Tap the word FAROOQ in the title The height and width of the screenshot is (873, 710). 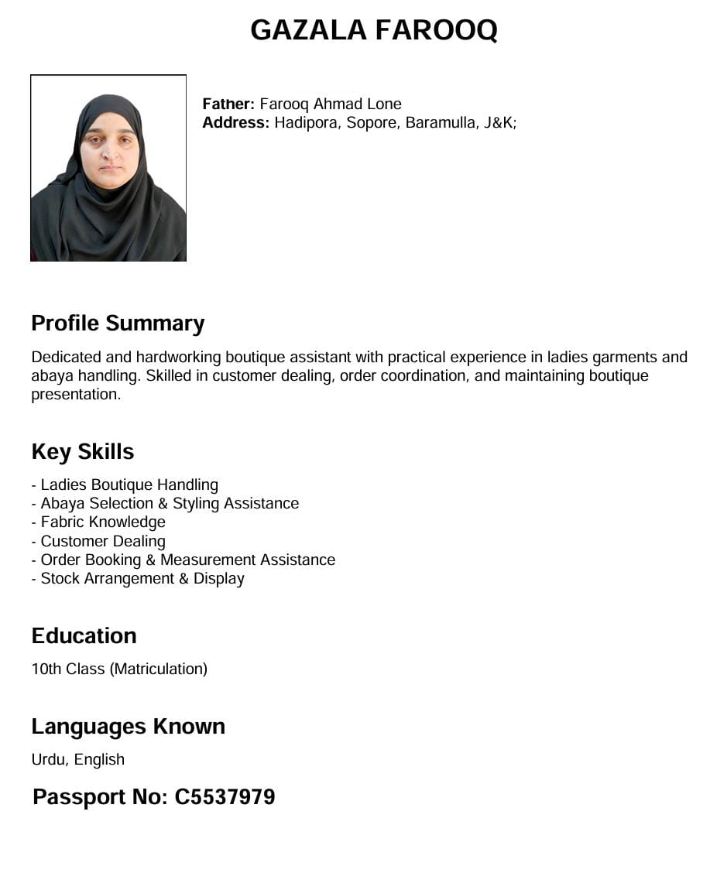point(436,30)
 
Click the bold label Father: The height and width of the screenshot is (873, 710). point(228,104)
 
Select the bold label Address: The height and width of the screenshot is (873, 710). point(235,122)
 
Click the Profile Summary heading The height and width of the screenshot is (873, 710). point(118,323)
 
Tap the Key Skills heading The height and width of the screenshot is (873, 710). point(83,451)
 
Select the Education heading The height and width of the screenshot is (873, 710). point(84,635)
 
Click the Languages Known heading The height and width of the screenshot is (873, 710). point(128,726)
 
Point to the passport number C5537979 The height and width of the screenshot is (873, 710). point(225,796)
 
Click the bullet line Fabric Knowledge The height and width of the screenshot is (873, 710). point(103,522)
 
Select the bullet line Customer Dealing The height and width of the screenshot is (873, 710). point(103,541)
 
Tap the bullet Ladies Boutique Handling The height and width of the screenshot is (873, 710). point(129,484)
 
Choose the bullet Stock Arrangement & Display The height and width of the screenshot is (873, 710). point(142,578)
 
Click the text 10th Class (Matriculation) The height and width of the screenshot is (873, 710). point(119,669)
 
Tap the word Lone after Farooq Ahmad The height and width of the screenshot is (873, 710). point(384,104)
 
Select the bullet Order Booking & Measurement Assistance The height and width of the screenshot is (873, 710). point(188,560)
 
